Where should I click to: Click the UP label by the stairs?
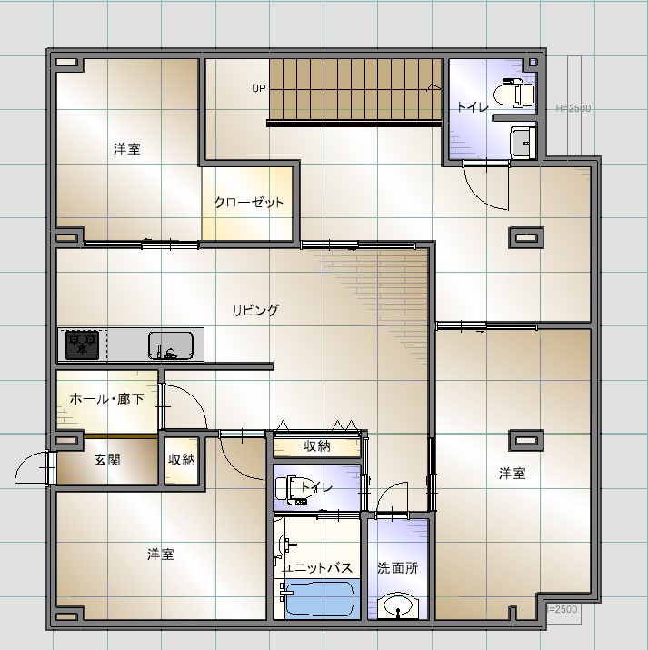pos(258,88)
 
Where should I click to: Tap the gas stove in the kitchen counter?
pos(82,345)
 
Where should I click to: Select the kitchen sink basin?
pos(171,345)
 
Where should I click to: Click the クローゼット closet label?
pos(249,203)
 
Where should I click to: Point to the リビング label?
pos(255,310)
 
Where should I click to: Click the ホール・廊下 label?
pos(107,399)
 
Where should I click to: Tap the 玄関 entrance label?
pos(107,460)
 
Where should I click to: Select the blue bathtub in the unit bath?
pos(320,599)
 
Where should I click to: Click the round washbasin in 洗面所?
pos(398,606)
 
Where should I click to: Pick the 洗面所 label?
pos(398,568)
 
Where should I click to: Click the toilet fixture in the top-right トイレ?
pos(514,93)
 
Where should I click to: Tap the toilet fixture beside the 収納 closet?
pos(291,490)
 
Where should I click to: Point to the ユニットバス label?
pos(317,568)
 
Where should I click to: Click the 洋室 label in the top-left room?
pos(127,149)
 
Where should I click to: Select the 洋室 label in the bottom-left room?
pos(160,555)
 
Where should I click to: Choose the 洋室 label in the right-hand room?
pos(513,473)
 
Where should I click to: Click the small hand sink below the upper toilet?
pos(523,143)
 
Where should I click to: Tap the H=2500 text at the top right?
pos(573,108)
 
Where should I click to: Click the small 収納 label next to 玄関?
pos(182,459)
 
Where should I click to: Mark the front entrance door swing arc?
pos(25,461)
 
